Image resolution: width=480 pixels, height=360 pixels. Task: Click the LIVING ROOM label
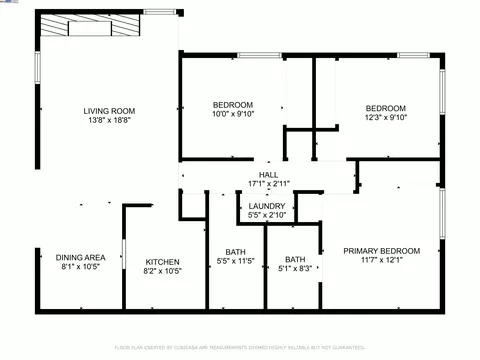point(108,110)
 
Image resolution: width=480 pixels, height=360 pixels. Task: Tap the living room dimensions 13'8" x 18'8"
point(108,120)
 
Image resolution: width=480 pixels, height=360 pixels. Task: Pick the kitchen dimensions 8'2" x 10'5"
point(162,270)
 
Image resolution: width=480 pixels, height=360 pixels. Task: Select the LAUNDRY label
point(267,206)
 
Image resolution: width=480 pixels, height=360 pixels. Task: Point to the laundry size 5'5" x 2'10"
point(267,216)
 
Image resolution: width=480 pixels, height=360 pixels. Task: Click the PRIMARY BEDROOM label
point(381,250)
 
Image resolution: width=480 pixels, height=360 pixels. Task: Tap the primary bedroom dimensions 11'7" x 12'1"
point(381,260)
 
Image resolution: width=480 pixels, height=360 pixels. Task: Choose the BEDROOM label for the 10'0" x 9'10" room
point(233,105)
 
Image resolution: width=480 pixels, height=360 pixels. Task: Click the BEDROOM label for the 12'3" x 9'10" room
point(385,108)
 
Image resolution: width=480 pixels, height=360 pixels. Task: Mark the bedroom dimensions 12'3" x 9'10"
point(385,118)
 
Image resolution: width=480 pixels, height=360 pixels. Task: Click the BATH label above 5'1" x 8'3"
point(295,259)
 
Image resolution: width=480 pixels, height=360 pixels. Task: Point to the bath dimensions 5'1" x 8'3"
point(295,269)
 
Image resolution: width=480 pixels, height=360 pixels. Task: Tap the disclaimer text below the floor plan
point(240,347)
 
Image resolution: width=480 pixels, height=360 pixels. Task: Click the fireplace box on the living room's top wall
point(84,29)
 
